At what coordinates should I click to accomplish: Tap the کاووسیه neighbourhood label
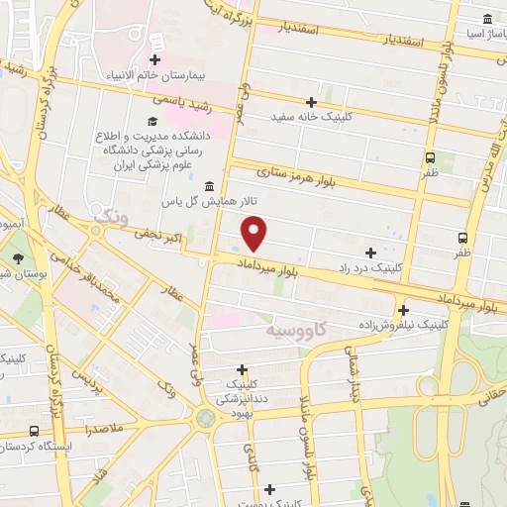(295, 328)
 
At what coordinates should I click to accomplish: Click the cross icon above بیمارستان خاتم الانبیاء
(154, 59)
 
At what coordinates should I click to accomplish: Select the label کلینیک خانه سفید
(312, 118)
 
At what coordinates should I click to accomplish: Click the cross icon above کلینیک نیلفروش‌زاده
(402, 308)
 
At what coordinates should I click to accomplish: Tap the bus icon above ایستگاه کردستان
(36, 432)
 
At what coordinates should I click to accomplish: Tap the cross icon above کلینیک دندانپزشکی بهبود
(242, 369)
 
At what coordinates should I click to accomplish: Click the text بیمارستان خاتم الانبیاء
(155, 75)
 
